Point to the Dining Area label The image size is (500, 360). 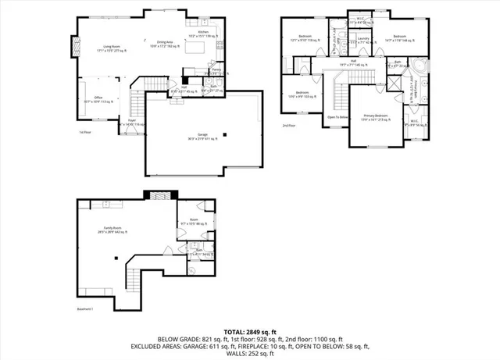tap(165, 45)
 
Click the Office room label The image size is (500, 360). tap(98, 99)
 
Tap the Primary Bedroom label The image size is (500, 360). tap(374, 116)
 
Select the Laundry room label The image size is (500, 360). tap(363, 39)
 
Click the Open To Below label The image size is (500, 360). tap(337, 118)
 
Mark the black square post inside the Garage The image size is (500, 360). tap(224, 134)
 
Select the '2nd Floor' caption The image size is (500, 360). tap(290, 124)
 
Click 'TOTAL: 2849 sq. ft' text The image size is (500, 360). tap(250, 332)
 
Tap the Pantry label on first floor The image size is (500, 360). tap(216, 70)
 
